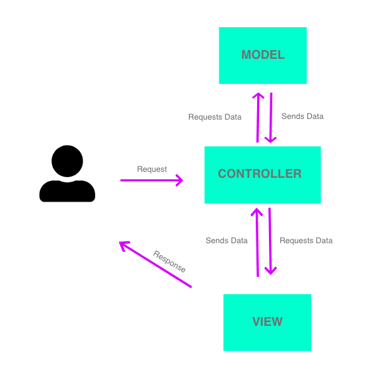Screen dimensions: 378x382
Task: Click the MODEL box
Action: click(x=263, y=56)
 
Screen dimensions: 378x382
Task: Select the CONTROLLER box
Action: click(x=262, y=175)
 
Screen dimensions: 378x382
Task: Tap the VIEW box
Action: click(x=267, y=323)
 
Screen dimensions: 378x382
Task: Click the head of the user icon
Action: click(x=67, y=161)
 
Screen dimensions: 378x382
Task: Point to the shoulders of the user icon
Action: click(x=67, y=192)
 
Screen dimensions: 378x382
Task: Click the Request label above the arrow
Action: click(x=152, y=169)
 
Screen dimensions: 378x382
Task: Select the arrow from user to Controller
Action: click(x=151, y=180)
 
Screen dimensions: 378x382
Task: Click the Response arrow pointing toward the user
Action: click(x=155, y=264)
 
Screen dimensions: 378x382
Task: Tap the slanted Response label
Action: click(x=170, y=261)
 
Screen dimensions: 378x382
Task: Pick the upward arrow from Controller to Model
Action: click(x=258, y=118)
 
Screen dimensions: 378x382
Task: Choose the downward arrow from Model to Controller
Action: click(x=271, y=118)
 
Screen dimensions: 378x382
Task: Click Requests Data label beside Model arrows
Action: click(x=215, y=117)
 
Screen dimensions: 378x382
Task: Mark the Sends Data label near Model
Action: click(x=303, y=116)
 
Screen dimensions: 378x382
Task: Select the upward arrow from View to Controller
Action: click(x=257, y=242)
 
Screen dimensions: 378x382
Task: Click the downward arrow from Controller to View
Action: click(x=270, y=241)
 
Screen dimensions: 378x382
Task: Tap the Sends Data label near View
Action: click(x=227, y=241)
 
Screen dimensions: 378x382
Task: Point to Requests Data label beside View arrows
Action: click(x=306, y=241)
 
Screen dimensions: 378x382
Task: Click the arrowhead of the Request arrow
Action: click(x=180, y=180)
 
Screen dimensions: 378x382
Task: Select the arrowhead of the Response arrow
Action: click(x=123, y=245)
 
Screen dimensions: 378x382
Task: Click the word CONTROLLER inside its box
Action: click(x=260, y=174)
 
